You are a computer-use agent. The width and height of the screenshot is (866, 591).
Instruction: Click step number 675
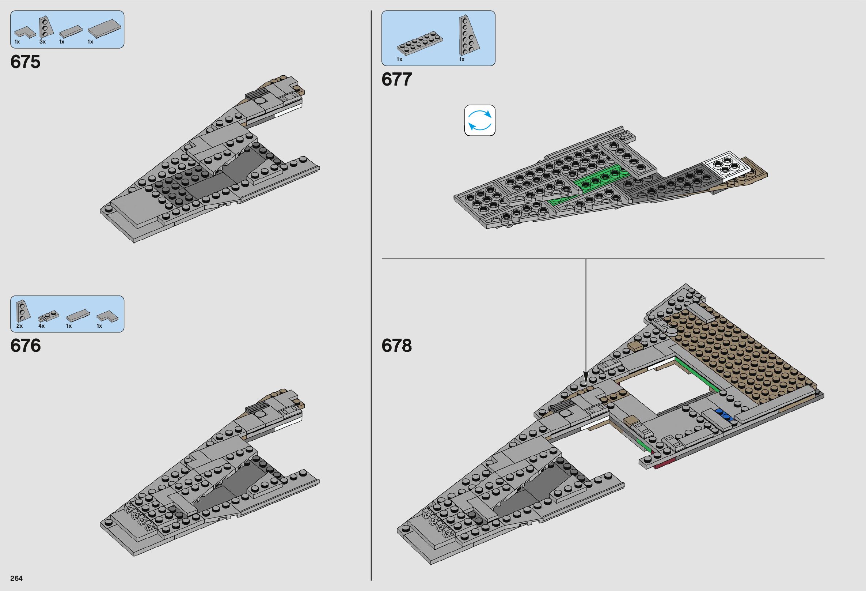(25, 62)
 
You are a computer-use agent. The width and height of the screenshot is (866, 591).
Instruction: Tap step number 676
(25, 346)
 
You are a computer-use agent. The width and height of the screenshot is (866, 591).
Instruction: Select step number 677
(396, 79)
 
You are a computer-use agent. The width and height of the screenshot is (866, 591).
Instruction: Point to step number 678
(396, 346)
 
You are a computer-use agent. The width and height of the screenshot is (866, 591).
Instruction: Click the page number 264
(16, 578)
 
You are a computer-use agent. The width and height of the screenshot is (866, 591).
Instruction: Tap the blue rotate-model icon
(479, 120)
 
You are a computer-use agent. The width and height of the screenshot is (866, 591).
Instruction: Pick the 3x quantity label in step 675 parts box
(42, 42)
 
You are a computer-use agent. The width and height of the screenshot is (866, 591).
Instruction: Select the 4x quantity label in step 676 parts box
(41, 326)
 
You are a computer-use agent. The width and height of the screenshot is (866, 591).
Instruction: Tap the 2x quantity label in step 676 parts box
(19, 326)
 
